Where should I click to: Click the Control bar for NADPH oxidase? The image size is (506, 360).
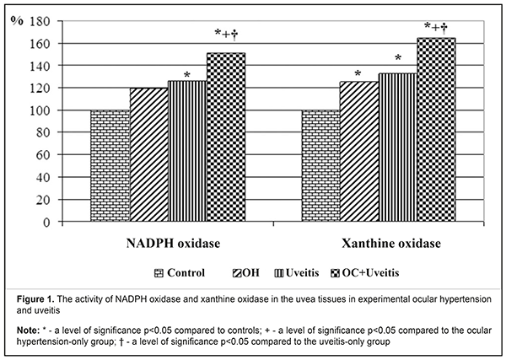109,166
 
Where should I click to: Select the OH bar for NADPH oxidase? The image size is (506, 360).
148,155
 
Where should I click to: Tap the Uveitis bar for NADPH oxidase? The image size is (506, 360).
187,152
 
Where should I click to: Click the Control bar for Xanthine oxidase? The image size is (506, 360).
320,166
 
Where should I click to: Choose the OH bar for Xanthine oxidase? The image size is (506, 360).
359,153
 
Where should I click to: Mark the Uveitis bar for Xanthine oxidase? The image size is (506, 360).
398,148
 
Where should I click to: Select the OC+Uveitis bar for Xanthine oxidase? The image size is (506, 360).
437,130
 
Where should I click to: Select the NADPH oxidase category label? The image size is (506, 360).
168,244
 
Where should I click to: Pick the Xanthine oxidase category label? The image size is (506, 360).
379,244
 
